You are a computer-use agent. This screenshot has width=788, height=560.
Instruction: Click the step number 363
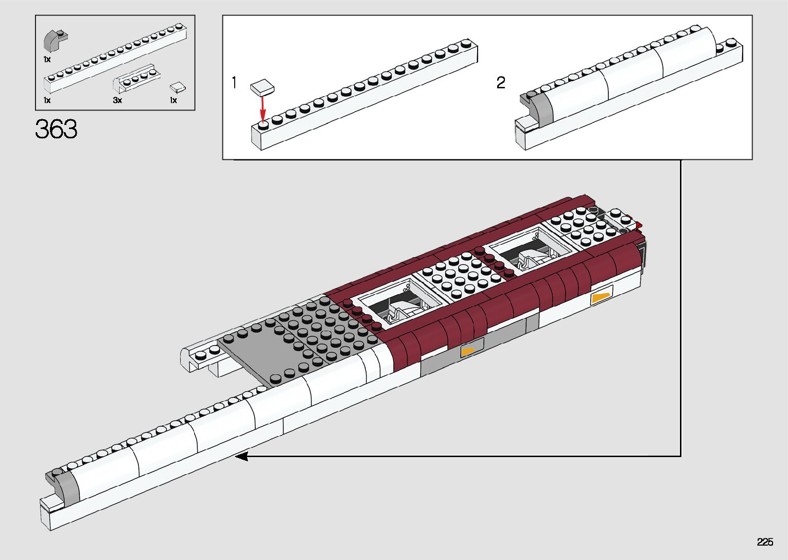click(x=56, y=129)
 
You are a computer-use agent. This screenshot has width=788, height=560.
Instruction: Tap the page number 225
click(x=765, y=542)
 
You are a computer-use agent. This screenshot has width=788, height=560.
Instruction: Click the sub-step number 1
click(x=234, y=82)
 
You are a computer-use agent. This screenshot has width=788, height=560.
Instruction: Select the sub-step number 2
click(x=501, y=82)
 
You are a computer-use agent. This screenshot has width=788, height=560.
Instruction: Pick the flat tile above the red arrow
click(x=262, y=87)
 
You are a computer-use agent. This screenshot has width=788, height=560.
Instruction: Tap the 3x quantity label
click(x=117, y=100)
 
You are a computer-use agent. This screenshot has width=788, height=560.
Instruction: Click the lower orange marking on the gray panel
click(x=467, y=352)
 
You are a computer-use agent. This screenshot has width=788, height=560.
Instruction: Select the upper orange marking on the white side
click(x=600, y=297)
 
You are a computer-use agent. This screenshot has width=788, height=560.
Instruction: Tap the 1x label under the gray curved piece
click(x=47, y=60)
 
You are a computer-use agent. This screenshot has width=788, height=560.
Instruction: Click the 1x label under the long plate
click(x=47, y=100)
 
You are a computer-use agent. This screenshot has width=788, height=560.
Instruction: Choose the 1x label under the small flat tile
click(x=173, y=100)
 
